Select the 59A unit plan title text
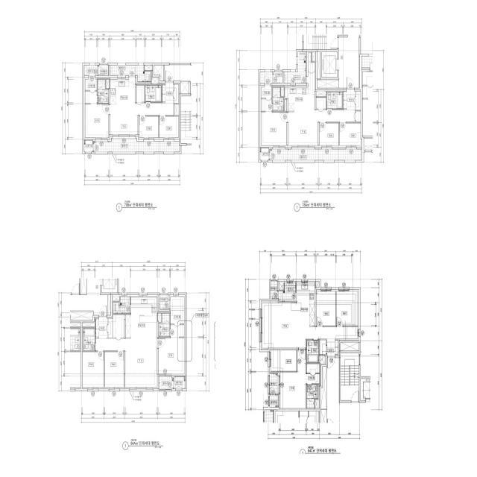pyautogui.click(x=318, y=206)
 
